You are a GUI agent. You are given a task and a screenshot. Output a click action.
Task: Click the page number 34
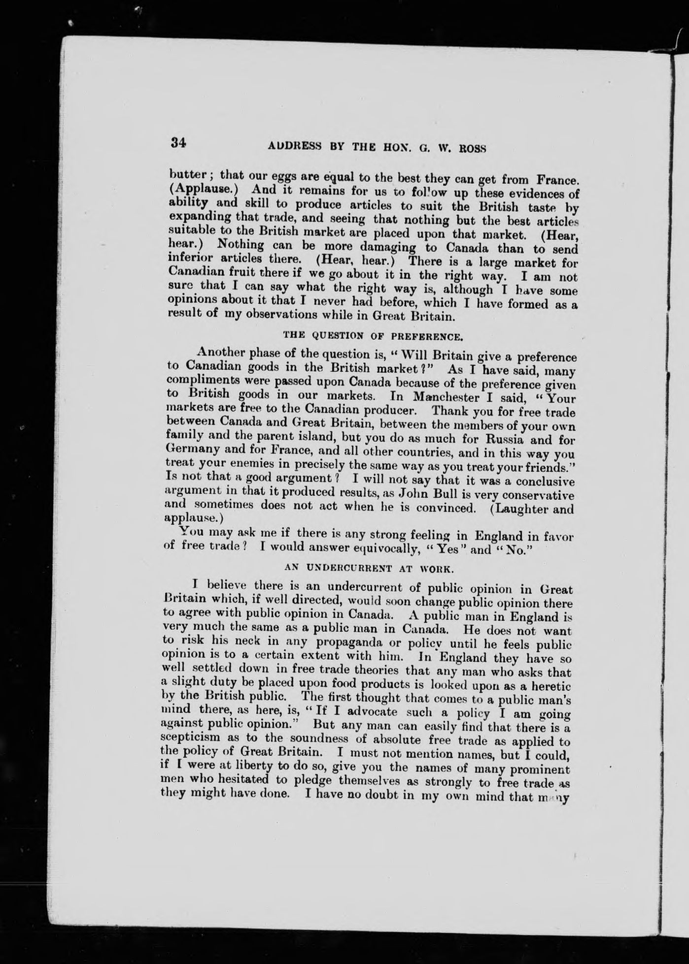point(178,143)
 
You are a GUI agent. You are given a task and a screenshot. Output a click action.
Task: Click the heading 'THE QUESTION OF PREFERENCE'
point(373,337)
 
